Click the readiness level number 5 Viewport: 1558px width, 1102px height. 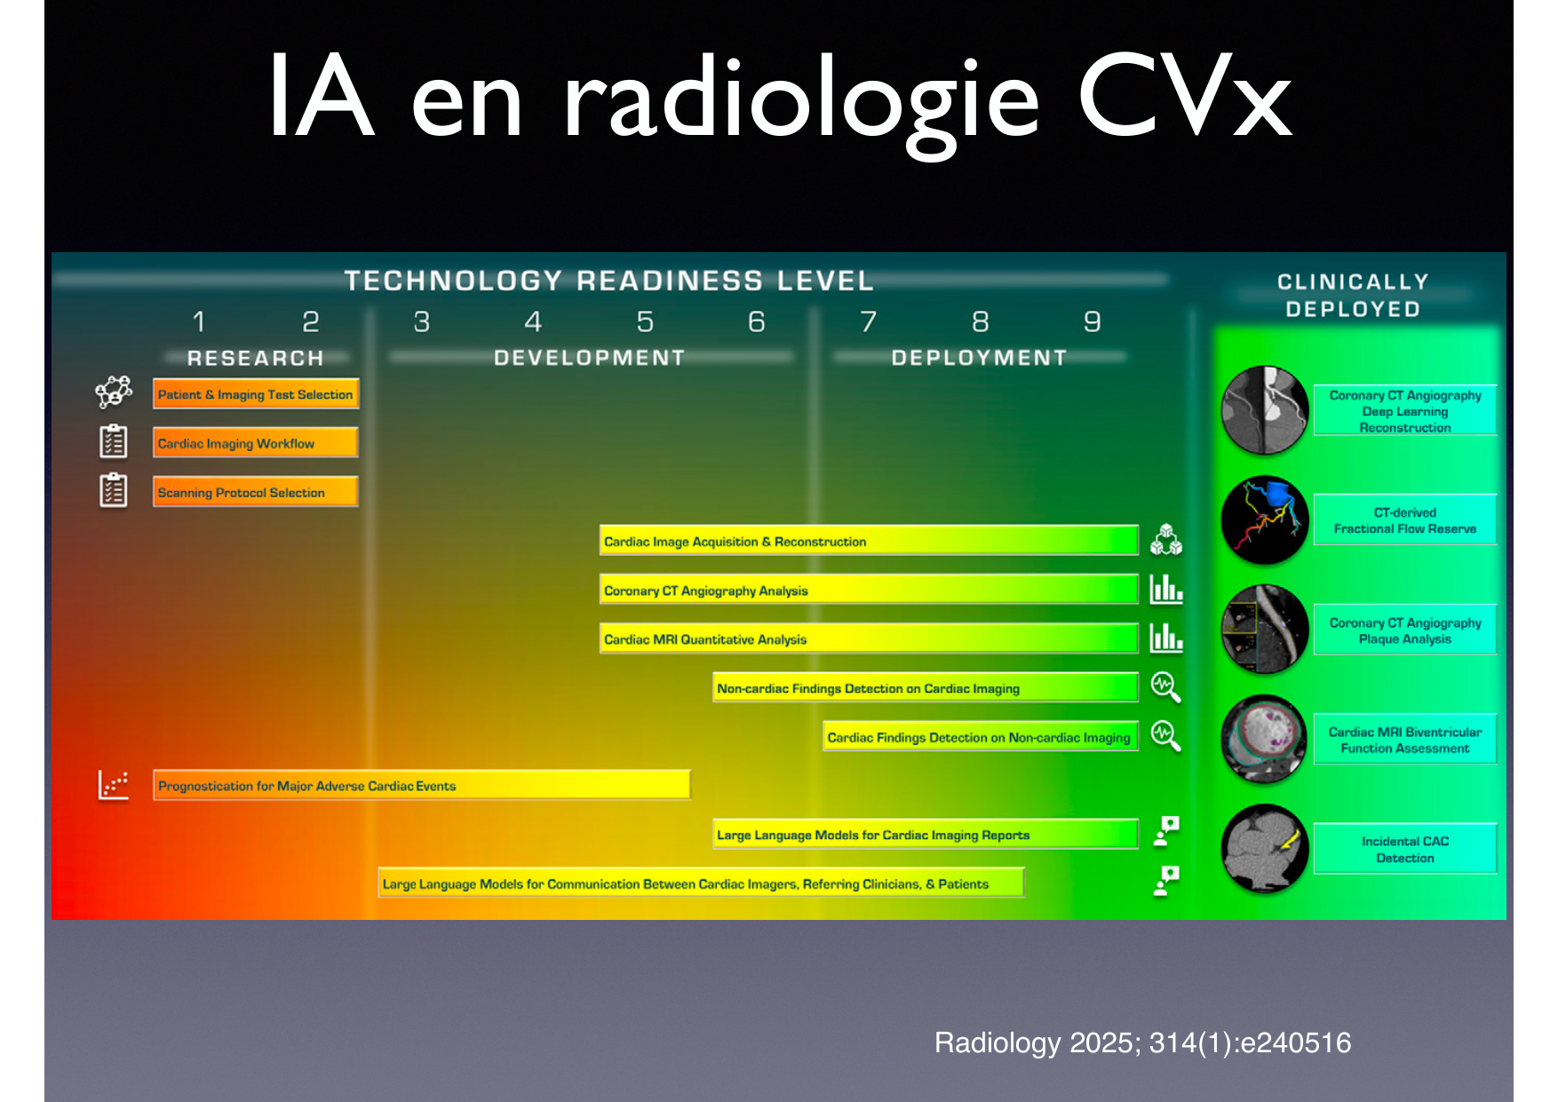tap(645, 321)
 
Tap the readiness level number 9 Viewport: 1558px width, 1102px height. tap(1092, 321)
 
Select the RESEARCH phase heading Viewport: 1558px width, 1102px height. tap(256, 358)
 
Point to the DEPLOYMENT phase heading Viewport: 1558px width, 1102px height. tap(979, 358)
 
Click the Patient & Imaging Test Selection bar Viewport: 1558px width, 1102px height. tap(256, 394)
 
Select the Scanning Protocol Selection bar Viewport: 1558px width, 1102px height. tap(256, 492)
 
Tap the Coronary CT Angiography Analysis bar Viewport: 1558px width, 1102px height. tap(869, 590)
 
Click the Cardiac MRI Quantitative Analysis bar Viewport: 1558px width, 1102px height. tap(869, 638)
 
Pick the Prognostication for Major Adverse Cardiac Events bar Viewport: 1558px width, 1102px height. tap(422, 785)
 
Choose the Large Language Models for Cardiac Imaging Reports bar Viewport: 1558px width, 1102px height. tap(926, 834)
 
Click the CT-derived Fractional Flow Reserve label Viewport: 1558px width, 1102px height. tap(1405, 520)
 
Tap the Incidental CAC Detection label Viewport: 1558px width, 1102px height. tap(1405, 849)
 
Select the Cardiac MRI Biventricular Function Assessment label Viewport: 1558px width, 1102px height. tap(1405, 740)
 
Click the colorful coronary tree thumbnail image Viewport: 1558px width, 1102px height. tap(1265, 520)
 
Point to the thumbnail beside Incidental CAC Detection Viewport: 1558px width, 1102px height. tap(1265, 848)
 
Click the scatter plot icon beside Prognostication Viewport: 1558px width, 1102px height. tap(114, 785)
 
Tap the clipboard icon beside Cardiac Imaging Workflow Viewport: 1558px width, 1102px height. tap(114, 441)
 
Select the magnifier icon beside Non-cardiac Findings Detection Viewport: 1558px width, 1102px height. tap(1165, 686)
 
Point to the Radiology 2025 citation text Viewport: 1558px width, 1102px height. tap(1142, 1043)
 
